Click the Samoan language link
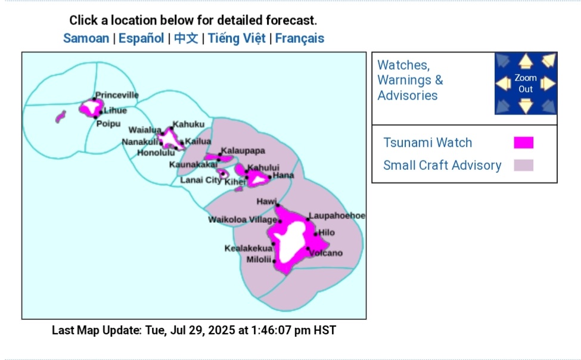[86, 38]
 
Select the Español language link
[141, 38]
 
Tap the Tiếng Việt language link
[237, 38]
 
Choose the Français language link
[299, 38]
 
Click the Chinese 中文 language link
[186, 38]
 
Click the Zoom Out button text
[526, 83]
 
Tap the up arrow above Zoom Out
[526, 61]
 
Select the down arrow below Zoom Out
[526, 105]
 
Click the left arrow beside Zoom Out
[504, 83]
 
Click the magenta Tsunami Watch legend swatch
[524, 142]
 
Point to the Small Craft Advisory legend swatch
[524, 165]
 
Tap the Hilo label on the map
[327, 232]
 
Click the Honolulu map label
[156, 153]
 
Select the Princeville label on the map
[117, 95]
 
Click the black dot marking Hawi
[278, 206]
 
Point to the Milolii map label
[259, 259]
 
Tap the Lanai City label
[201, 180]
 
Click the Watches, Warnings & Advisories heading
[410, 80]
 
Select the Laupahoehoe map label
[337, 215]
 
